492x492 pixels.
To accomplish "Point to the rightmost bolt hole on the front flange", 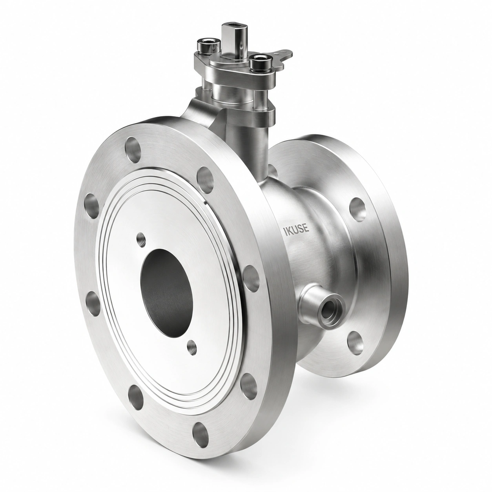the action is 251,278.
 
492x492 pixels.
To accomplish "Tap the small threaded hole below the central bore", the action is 192,346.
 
